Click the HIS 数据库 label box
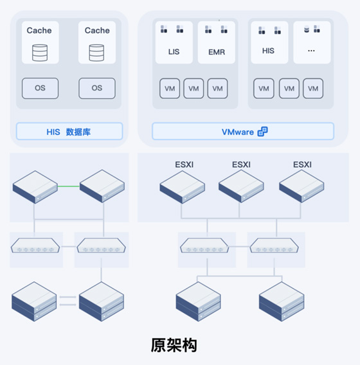click(69, 131)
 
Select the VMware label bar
click(243, 131)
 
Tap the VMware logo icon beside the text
click(262, 132)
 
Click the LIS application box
click(174, 42)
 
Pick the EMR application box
click(217, 42)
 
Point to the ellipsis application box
click(312, 42)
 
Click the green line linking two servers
click(68, 186)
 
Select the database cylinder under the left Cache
click(40, 53)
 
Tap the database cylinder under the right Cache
click(96, 53)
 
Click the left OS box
click(40, 88)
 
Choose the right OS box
click(97, 88)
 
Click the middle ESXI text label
click(241, 165)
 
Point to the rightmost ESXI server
click(301, 186)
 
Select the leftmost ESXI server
click(183, 187)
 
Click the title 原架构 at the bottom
click(174, 345)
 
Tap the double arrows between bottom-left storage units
click(67, 301)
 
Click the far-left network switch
click(35, 245)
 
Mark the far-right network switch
click(274, 245)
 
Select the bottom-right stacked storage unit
click(282, 301)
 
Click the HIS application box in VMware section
click(269, 42)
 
